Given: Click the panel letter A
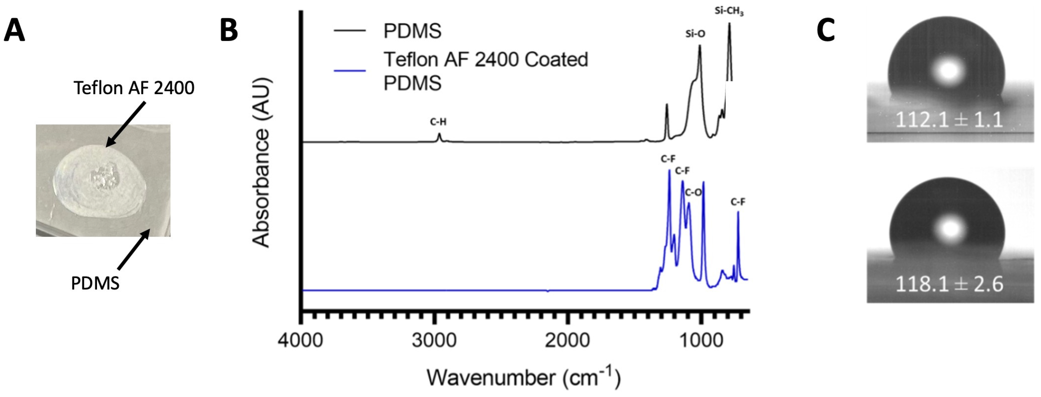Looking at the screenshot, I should [14, 31].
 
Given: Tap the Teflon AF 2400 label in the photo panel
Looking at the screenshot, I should [134, 88].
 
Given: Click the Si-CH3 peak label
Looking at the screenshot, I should [729, 11].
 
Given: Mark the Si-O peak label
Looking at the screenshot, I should [695, 34].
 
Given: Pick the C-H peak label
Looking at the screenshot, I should [438, 122].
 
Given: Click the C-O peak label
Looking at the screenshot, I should [693, 193].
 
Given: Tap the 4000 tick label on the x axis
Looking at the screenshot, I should [300, 340].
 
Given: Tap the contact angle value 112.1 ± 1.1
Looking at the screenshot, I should [949, 120].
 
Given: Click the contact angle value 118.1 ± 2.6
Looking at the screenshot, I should [949, 284].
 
